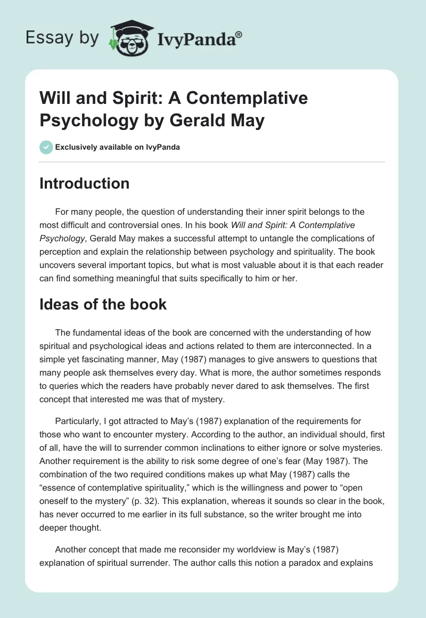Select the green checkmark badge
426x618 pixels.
(46, 147)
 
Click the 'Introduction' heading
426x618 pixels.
(85, 183)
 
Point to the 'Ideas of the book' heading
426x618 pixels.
(103, 304)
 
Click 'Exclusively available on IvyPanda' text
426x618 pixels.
(117, 147)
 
